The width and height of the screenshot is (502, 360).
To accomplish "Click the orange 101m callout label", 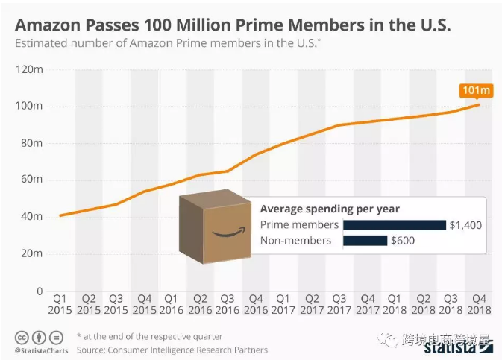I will (x=477, y=91).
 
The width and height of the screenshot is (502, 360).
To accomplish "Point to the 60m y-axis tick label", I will (x=32, y=180).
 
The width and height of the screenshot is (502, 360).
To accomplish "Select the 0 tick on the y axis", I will (x=38, y=291).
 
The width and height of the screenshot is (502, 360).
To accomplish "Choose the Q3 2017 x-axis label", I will (x=339, y=303).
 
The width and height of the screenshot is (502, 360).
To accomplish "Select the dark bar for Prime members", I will (x=394, y=224).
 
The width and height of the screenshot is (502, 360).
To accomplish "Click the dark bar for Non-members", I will (x=365, y=240).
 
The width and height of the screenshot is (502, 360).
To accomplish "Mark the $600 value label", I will (x=402, y=240).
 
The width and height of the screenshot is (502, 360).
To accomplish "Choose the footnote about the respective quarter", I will (x=149, y=337).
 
